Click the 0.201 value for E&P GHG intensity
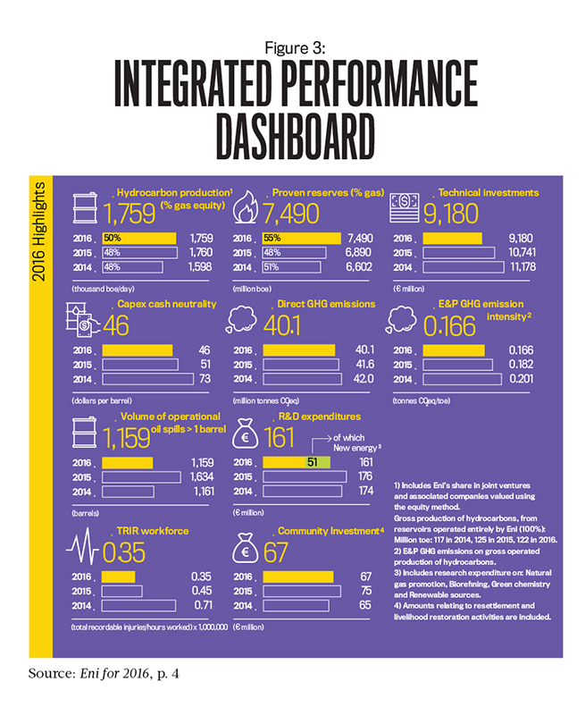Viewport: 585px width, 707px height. [521, 380]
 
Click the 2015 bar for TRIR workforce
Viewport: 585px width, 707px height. [122, 590]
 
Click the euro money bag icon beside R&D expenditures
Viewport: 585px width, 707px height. [246, 435]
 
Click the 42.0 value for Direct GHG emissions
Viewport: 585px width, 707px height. [360, 380]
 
